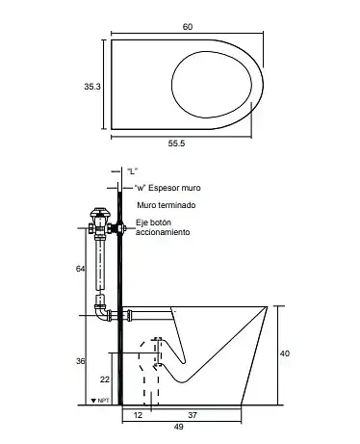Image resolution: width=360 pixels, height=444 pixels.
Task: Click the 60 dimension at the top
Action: pyautogui.click(x=188, y=27)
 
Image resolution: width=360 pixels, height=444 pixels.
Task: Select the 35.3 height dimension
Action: pyautogui.click(x=92, y=87)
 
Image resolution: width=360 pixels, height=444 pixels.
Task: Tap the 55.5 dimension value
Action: pyautogui.click(x=176, y=144)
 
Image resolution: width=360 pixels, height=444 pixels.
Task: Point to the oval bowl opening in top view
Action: pyautogui.click(x=212, y=51)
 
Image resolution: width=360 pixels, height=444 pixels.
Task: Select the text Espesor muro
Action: pyautogui.click(x=174, y=188)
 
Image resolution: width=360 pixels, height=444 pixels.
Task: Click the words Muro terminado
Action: pyautogui.click(x=167, y=205)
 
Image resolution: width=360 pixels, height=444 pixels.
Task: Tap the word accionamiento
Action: pyautogui.click(x=163, y=232)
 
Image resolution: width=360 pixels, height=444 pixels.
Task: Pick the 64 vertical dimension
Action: pyautogui.click(x=80, y=269)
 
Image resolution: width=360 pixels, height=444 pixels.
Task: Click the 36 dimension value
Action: pyautogui.click(x=81, y=361)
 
